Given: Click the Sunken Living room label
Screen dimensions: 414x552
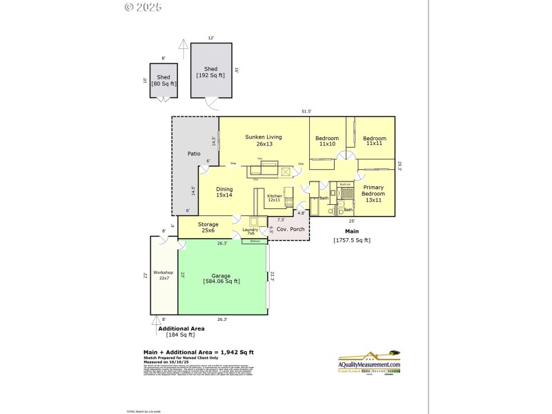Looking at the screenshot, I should pos(264,141).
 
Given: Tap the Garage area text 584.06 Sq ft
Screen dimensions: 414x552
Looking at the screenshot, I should pos(221,281).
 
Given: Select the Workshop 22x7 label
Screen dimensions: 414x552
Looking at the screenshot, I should pos(164,275).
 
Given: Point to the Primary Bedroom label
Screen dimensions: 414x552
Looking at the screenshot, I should pos(373,193).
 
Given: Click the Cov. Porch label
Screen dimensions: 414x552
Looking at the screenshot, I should pos(291,229).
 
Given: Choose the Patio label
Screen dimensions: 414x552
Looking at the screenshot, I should pos(194,154).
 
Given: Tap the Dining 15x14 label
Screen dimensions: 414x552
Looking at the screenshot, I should pos(224,193).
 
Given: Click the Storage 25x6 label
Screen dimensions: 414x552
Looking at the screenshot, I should pos(208,227).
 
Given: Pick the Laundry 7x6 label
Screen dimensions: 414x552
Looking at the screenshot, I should pos(250,231).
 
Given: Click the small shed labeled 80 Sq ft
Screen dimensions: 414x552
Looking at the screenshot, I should pos(164,80).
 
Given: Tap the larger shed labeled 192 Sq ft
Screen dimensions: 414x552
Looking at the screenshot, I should pos(210,72).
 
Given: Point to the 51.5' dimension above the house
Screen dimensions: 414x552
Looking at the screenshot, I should pos(306,111).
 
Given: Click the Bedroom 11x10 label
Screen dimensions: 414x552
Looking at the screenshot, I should pos(327,141).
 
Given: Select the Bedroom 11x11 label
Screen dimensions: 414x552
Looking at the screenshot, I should pos(375,141).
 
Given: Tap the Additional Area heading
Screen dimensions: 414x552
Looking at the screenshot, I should pos(181,328).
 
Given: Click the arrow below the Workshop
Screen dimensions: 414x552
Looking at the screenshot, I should pos(155,320).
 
